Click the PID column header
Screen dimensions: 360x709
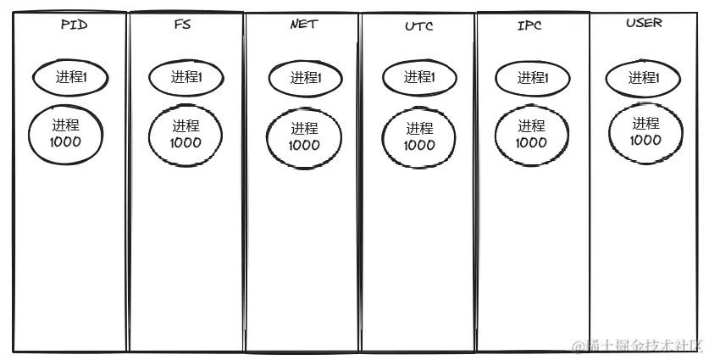(74, 25)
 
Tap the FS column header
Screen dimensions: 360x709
(181, 25)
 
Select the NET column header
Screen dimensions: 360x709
(303, 25)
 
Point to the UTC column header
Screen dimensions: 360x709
(419, 26)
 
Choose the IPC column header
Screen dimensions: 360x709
(530, 25)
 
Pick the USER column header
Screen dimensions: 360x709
(644, 23)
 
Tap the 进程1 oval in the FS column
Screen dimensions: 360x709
(186, 78)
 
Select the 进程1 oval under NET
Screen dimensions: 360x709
(304, 79)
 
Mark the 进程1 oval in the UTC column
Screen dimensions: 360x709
(419, 78)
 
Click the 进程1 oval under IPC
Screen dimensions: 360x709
(532, 78)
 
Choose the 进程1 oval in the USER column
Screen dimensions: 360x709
(643, 79)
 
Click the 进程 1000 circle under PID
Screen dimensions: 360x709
(65, 134)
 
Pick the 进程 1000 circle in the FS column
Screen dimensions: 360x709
(186, 135)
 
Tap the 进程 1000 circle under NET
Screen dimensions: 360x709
(304, 137)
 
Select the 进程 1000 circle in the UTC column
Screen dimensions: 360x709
(419, 137)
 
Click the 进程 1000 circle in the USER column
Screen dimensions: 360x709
(645, 132)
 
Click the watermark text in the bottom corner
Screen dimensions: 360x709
(637, 346)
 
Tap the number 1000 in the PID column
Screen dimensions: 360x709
(65, 142)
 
